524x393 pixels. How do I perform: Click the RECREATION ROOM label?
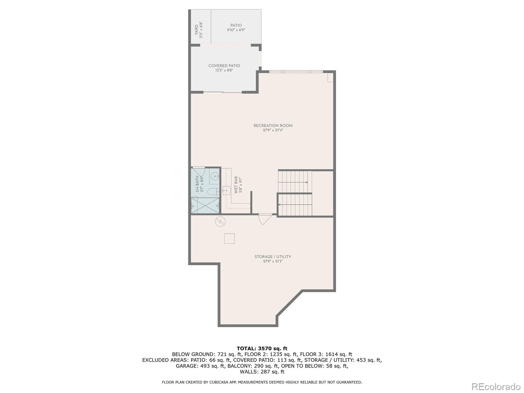pos(273,125)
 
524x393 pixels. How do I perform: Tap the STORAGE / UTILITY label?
pos(272,257)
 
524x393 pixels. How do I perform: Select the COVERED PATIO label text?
pos(224,65)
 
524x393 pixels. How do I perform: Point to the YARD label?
pos(196,30)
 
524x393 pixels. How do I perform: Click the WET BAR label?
pos(236,185)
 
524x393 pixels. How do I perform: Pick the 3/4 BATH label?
pos(197,184)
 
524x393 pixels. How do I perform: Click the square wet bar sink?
pos(226,190)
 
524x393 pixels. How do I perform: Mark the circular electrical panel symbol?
pos(220,222)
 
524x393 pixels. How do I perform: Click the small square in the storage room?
pos(229,238)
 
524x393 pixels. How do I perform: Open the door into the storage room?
pos(265,219)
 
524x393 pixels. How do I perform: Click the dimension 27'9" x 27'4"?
pos(273,130)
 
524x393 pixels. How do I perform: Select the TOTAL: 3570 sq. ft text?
pos(262,348)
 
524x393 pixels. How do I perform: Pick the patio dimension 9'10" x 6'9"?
pos(236,30)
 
